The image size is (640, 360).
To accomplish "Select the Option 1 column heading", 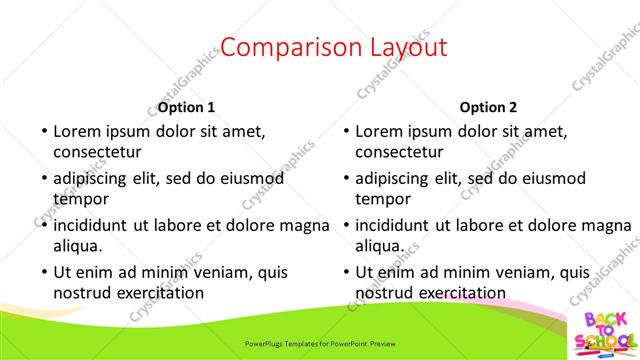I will pyautogui.click(x=186, y=108).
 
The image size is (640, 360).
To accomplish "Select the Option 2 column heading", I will pyautogui.click(x=488, y=108).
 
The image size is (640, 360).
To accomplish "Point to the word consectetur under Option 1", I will pyautogui.click(x=97, y=152).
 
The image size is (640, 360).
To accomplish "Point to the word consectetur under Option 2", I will pyautogui.click(x=399, y=152).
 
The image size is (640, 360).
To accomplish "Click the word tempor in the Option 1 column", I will pyautogui.click(x=80, y=199).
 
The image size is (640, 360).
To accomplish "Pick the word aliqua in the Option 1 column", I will pyautogui.click(x=78, y=245).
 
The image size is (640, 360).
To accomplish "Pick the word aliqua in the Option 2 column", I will pyautogui.click(x=380, y=245).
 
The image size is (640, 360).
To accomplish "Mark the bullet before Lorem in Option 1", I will pyautogui.click(x=43, y=131).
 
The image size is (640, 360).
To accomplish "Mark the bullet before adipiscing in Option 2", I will pyautogui.click(x=345, y=178).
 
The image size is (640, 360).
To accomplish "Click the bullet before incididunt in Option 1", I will pyautogui.click(x=43, y=225).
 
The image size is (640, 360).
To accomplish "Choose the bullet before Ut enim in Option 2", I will pyautogui.click(x=345, y=272).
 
